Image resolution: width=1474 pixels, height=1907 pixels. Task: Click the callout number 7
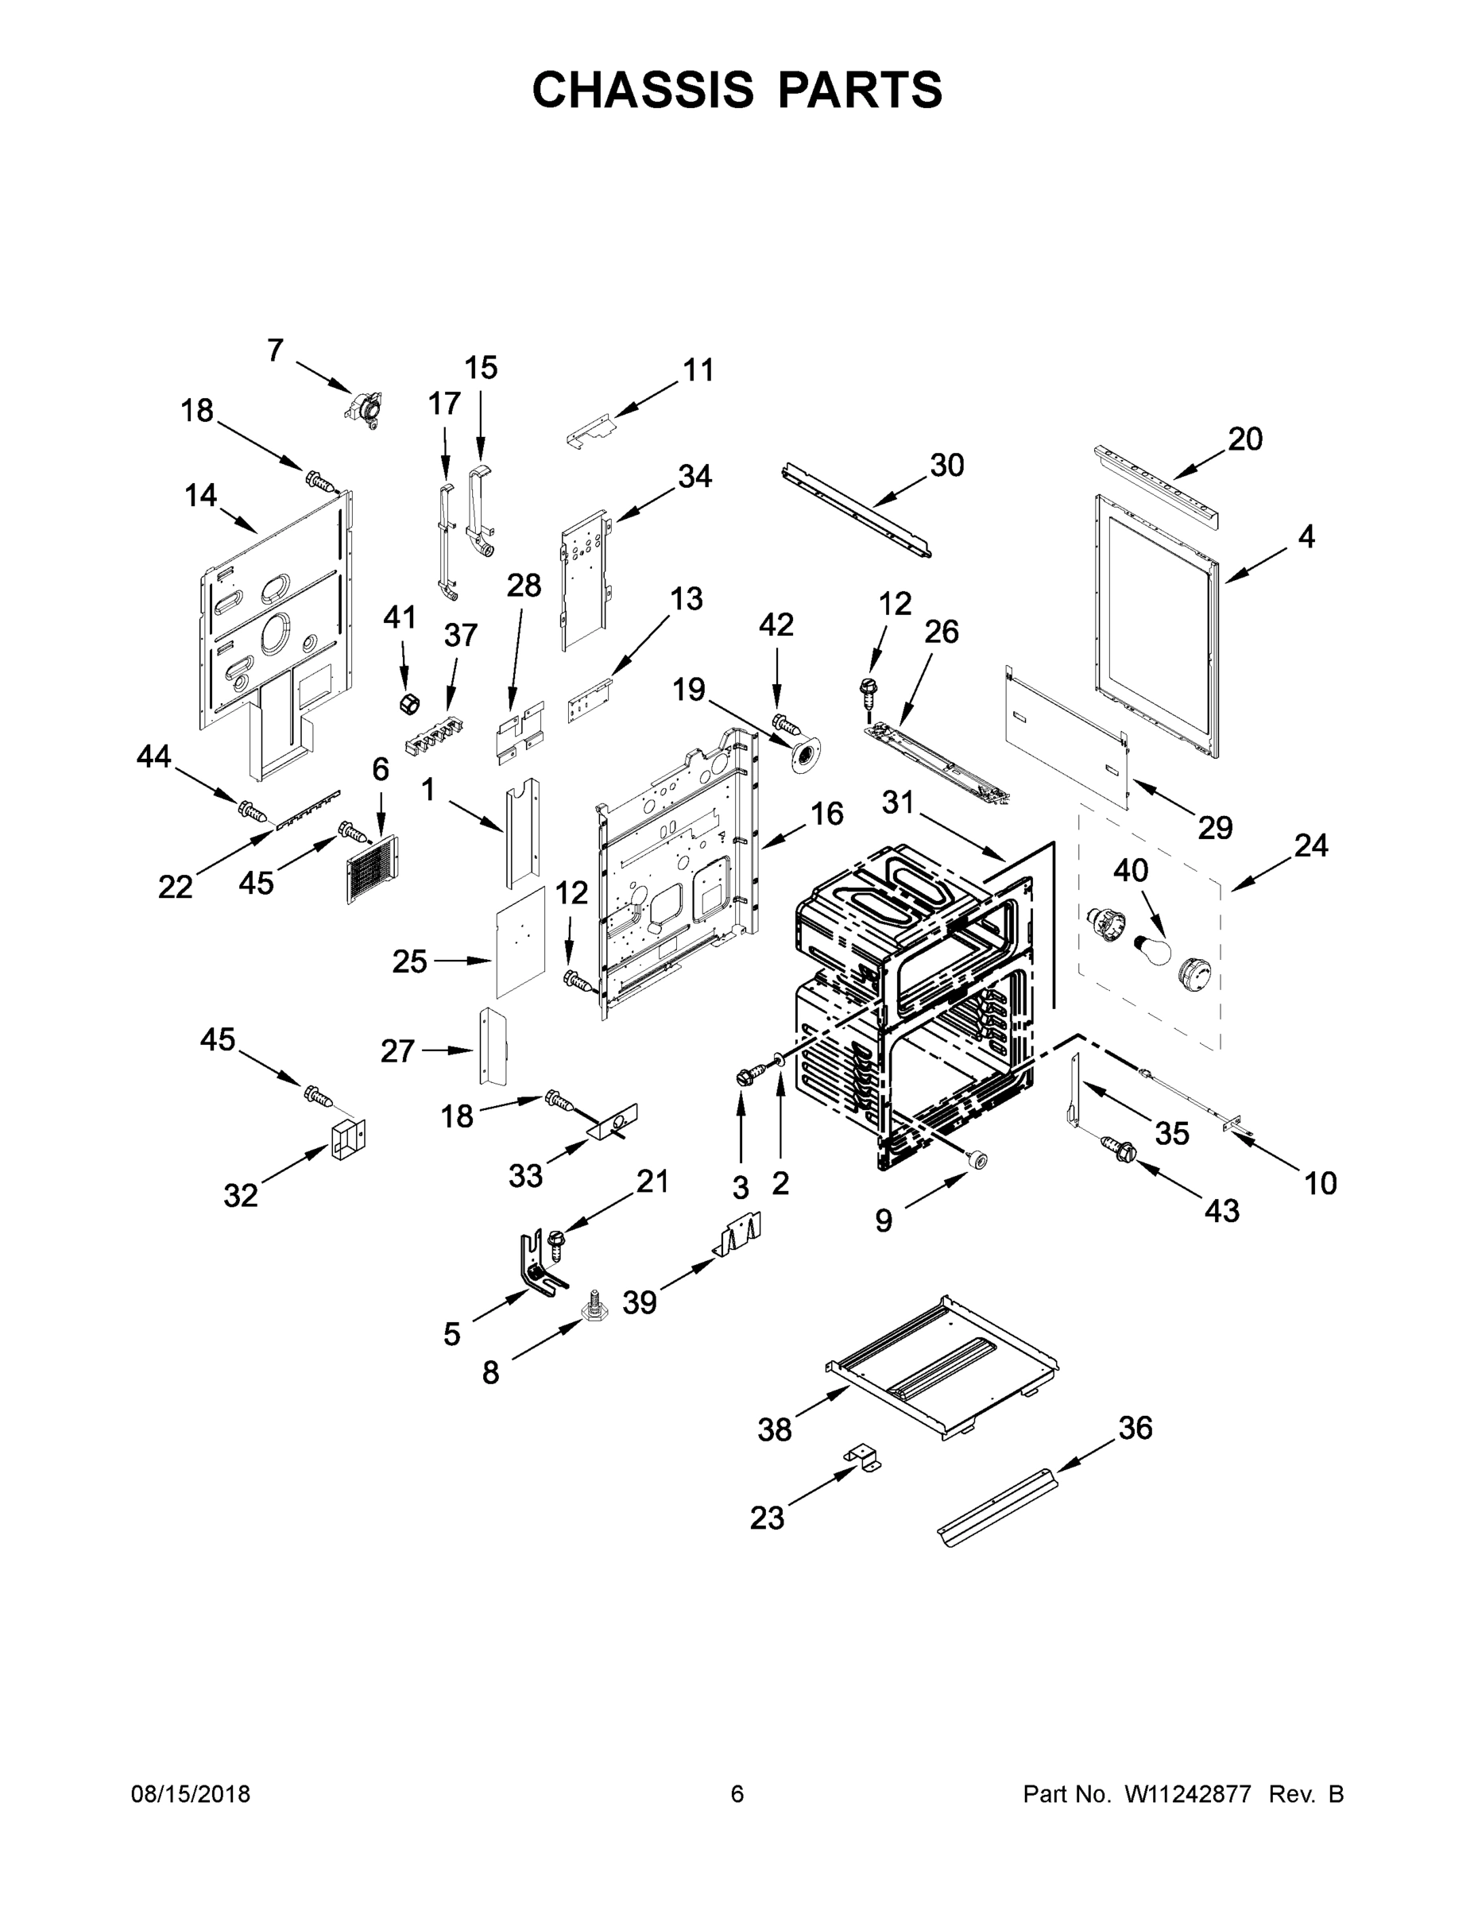(275, 350)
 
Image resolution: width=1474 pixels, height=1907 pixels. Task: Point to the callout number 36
(1135, 1428)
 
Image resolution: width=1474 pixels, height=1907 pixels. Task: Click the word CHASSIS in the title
(643, 90)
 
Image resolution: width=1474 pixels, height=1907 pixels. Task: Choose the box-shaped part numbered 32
(348, 1139)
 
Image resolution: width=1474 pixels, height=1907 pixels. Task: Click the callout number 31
(898, 802)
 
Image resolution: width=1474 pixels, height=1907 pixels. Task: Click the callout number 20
(1245, 439)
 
